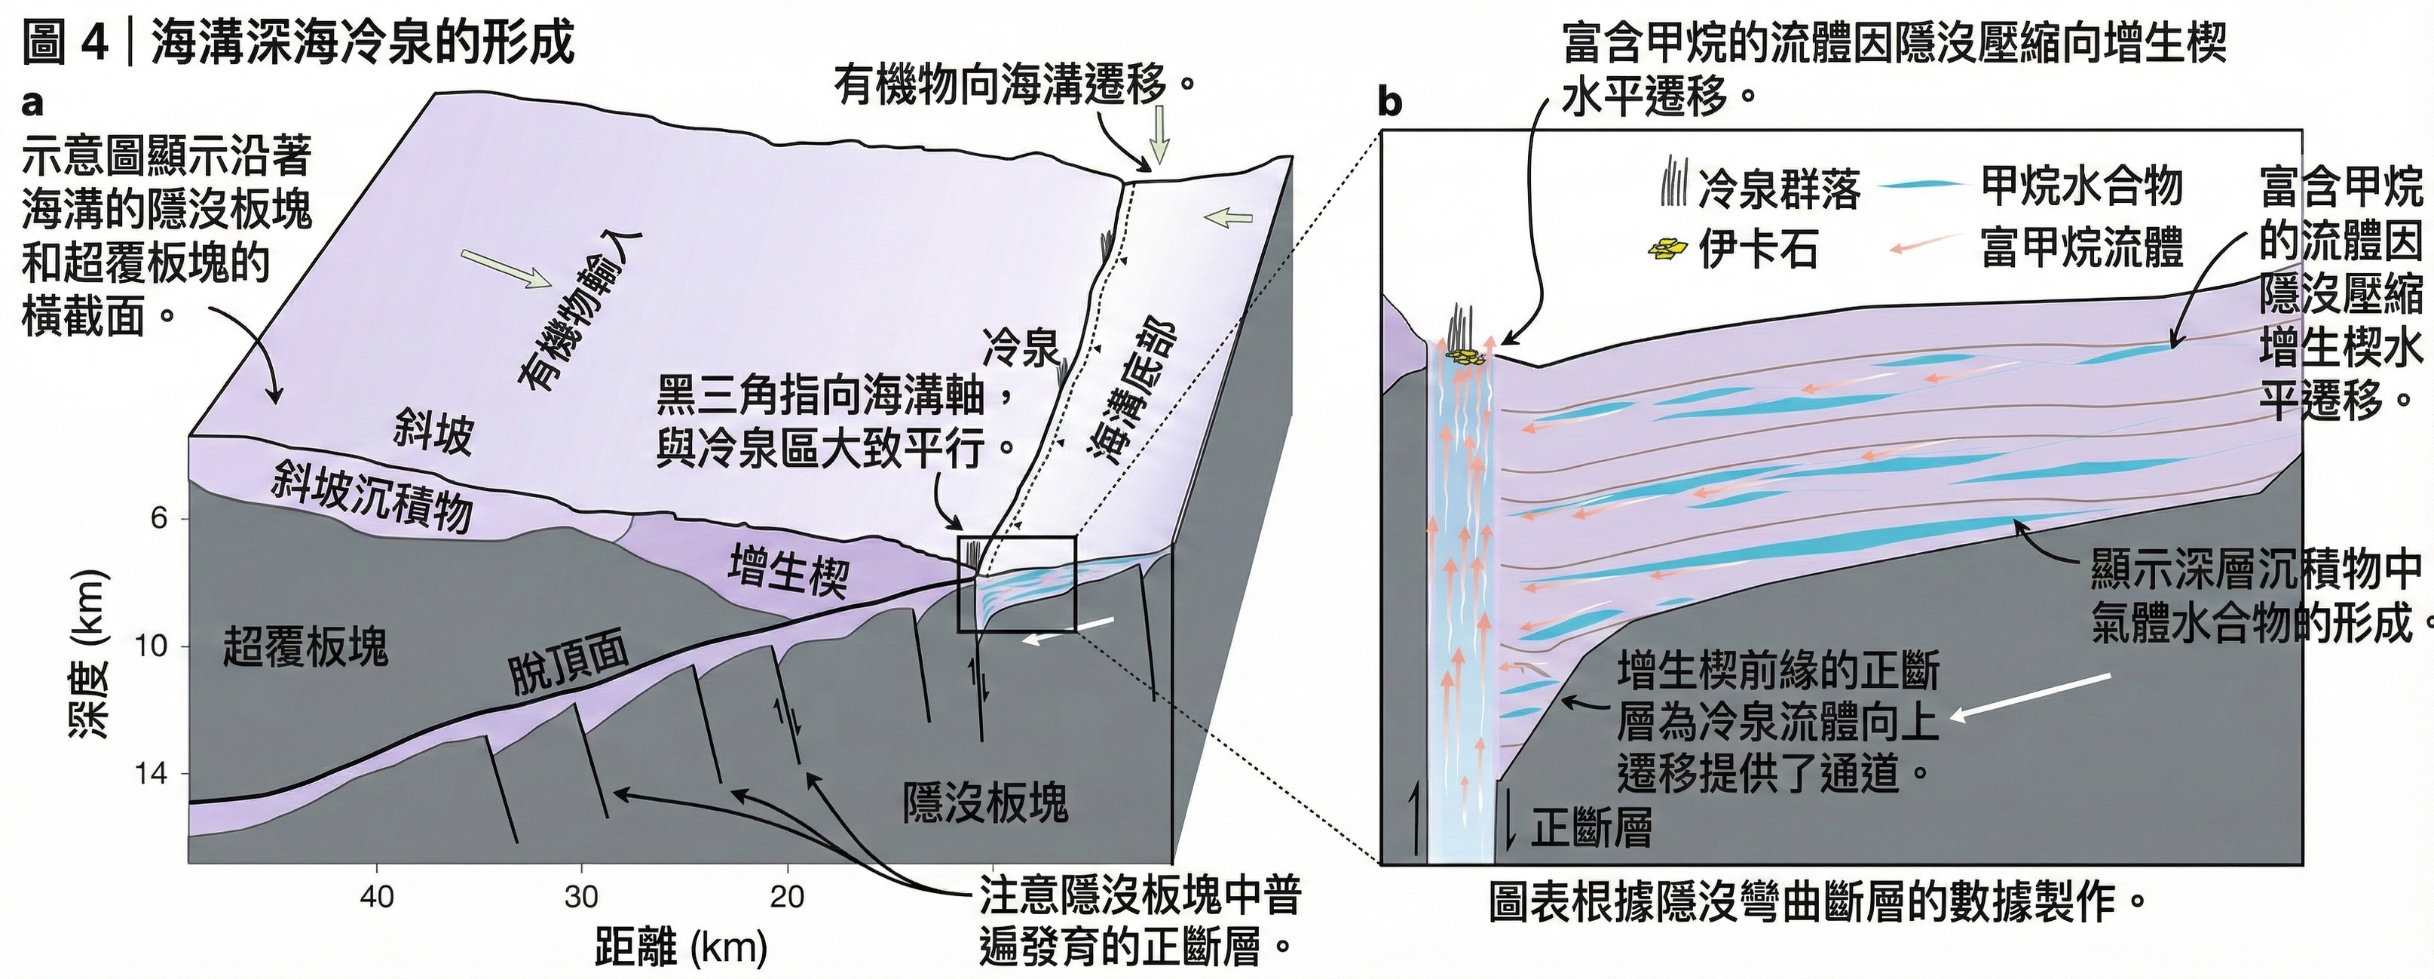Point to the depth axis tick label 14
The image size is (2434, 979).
[152, 775]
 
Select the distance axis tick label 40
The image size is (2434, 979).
[377, 896]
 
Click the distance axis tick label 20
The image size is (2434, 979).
[786, 896]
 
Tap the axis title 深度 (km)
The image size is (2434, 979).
[89, 652]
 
